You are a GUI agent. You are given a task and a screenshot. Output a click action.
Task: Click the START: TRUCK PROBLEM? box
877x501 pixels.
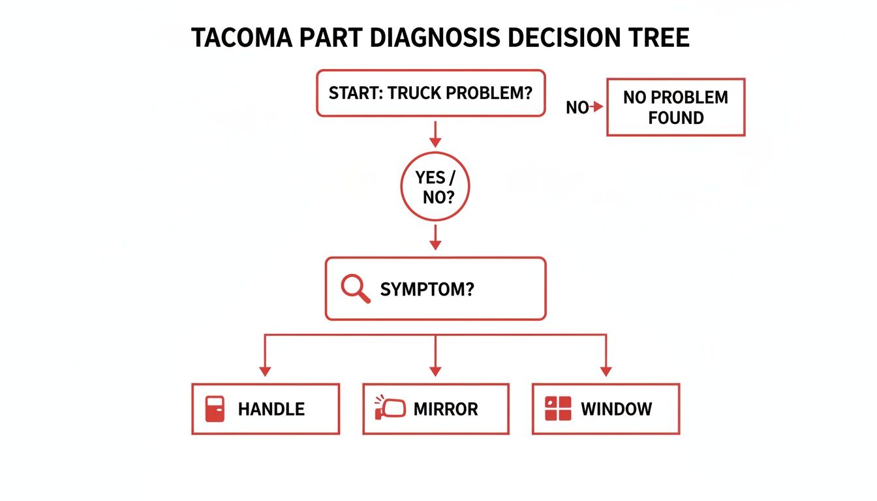tap(431, 93)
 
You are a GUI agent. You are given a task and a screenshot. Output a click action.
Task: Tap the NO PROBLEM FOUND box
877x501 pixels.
tap(675, 108)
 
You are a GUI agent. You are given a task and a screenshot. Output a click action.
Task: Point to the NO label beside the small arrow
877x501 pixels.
tap(577, 108)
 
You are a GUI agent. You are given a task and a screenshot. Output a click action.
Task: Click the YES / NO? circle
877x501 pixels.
tap(435, 187)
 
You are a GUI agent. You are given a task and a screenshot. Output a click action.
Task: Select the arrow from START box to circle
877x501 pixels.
tap(435, 133)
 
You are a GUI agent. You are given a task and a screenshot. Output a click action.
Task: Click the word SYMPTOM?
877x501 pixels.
tap(427, 289)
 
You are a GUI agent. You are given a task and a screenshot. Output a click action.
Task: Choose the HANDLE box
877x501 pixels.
tap(266, 409)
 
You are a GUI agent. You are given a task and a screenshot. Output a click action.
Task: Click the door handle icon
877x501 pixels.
tap(215, 409)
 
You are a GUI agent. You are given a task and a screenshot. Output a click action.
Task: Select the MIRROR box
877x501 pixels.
tap(435, 409)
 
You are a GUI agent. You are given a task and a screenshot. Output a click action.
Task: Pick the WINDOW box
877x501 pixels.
tap(606, 409)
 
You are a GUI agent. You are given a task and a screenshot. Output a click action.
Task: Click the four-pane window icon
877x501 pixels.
tap(557, 409)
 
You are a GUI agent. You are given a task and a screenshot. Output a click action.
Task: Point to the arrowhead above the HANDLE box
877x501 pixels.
tap(265, 371)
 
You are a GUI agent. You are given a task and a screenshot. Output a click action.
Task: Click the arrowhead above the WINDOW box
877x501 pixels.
tap(606, 371)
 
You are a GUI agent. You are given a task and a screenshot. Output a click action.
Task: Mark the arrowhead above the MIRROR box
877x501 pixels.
tap(435, 371)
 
